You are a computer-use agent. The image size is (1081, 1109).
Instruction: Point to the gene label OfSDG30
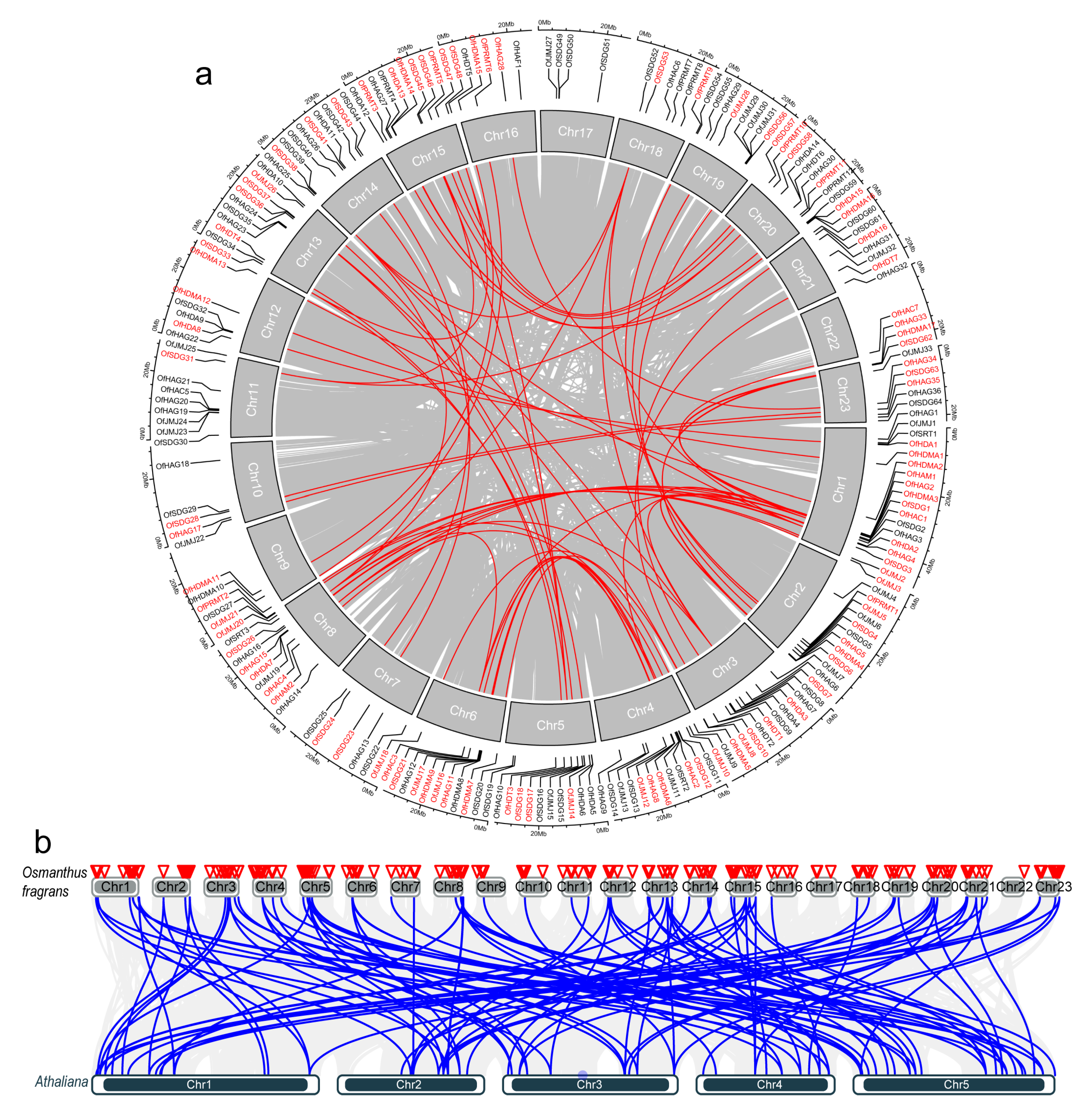171,442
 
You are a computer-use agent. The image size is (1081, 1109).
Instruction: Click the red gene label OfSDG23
343,745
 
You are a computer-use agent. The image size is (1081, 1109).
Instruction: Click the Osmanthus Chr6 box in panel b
362,886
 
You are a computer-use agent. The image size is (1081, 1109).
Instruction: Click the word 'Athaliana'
61,1081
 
